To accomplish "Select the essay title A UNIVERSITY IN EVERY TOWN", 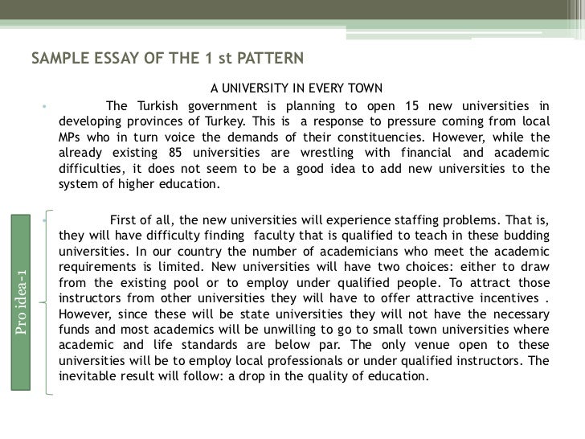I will click(297, 88).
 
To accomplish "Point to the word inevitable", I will click(89, 376).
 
